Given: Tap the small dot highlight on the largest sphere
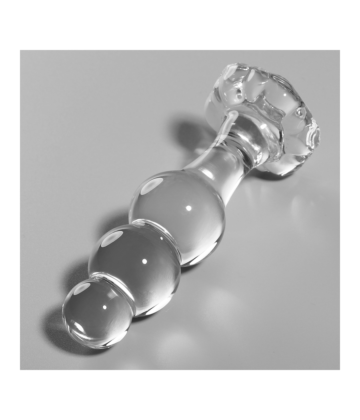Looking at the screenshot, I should [x=188, y=208].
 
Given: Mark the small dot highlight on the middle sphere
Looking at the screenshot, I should [x=144, y=261].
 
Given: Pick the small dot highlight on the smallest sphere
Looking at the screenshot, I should [x=104, y=307].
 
